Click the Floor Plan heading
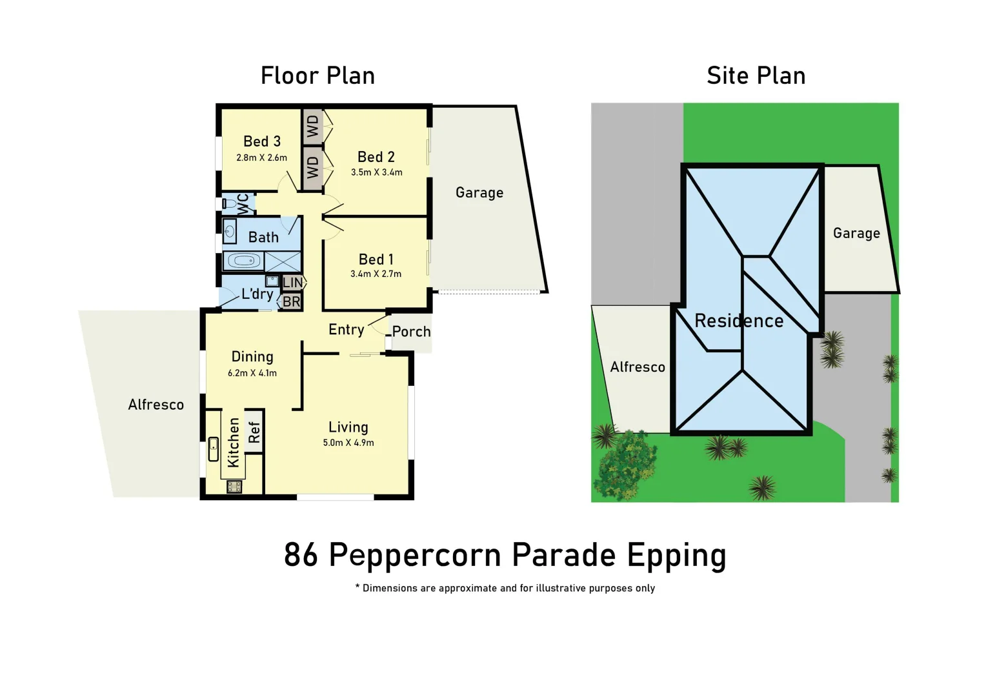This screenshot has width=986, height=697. click(317, 76)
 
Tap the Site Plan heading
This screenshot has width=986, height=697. click(756, 76)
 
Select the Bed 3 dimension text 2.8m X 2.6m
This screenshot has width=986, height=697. click(261, 157)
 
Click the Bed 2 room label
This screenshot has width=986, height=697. click(376, 157)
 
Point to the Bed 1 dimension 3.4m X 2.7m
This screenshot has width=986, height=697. click(376, 274)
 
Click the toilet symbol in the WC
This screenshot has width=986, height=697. click(228, 204)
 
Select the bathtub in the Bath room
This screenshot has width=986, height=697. click(244, 261)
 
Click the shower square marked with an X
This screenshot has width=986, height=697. click(283, 261)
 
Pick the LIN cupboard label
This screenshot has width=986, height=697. click(292, 282)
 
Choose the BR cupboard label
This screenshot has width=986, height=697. click(291, 301)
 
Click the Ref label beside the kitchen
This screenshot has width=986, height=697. click(254, 432)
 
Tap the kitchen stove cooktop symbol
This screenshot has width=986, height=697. click(234, 487)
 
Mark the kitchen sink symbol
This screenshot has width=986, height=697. click(214, 449)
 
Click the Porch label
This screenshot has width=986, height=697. click(411, 332)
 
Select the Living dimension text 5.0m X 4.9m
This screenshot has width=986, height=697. click(348, 443)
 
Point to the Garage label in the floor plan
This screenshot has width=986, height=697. click(479, 192)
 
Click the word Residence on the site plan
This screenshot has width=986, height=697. click(739, 321)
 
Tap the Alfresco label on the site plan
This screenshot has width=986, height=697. click(638, 367)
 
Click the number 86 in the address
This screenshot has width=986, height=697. click(301, 554)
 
